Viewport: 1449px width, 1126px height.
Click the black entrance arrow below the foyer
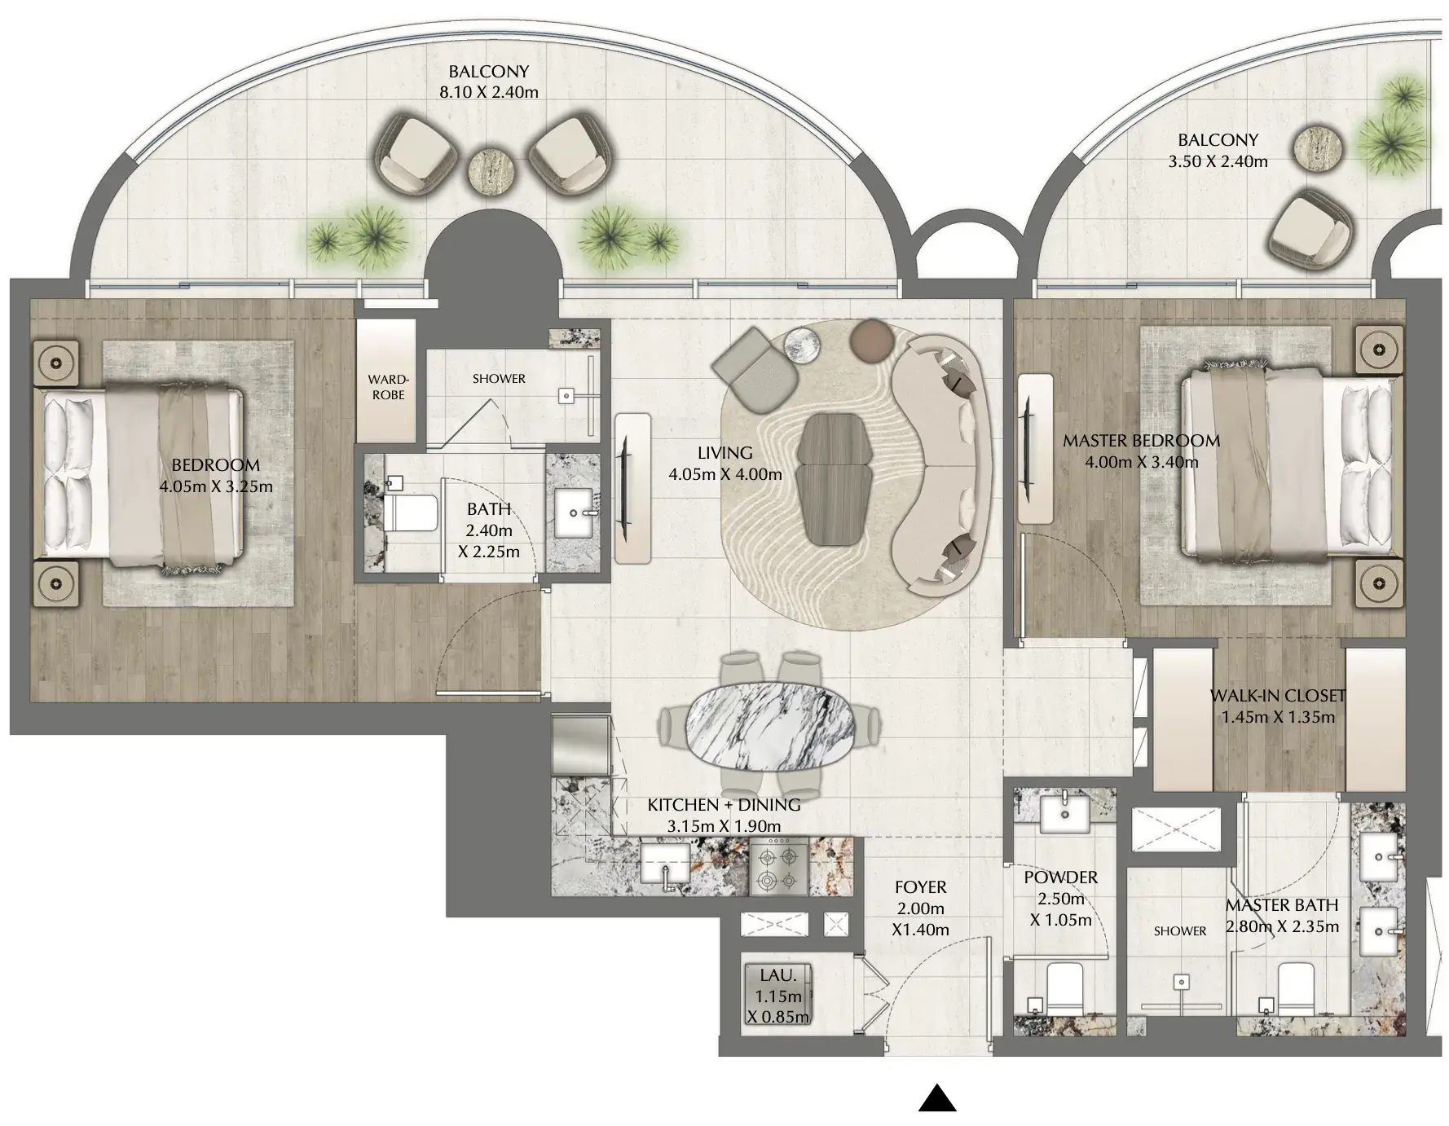point(937,1098)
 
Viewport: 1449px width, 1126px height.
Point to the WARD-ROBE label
point(388,387)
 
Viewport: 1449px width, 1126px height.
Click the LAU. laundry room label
point(778,975)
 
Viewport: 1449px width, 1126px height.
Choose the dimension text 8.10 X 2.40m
point(489,92)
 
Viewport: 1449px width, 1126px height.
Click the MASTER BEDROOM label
point(1141,441)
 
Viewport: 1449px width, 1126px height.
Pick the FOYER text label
point(921,887)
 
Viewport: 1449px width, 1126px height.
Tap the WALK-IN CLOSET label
point(1278,696)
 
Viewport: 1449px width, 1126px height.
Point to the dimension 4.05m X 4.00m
point(725,474)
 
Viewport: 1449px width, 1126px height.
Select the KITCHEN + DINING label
point(724,805)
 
